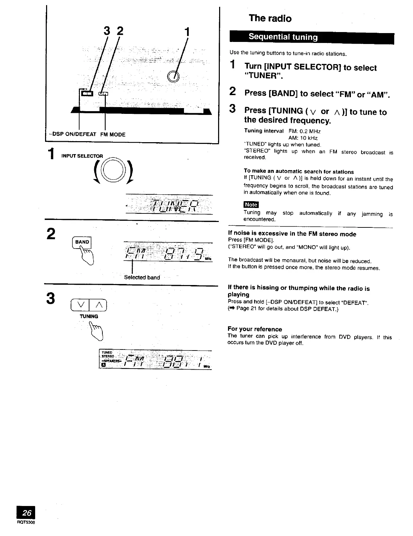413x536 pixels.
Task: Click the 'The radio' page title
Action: (270, 18)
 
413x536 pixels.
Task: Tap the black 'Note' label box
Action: (251, 205)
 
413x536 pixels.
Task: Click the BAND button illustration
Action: (82, 242)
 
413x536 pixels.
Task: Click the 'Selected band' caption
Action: (142, 277)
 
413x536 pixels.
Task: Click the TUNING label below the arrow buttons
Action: (89, 316)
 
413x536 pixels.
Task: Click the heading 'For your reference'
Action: (255, 329)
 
